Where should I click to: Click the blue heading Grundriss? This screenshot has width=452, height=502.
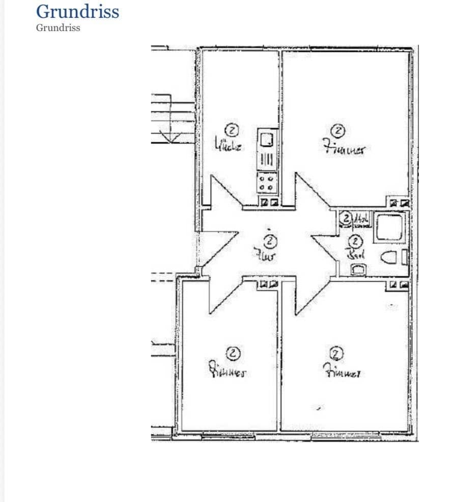tap(77, 11)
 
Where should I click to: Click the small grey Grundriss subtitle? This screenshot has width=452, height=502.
tap(58, 28)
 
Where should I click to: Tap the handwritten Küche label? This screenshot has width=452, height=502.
tap(227, 146)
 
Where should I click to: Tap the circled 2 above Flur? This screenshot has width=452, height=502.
tap(271, 240)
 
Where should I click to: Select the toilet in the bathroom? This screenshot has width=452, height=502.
tap(389, 258)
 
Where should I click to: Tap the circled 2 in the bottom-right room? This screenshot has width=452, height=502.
tap(337, 353)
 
